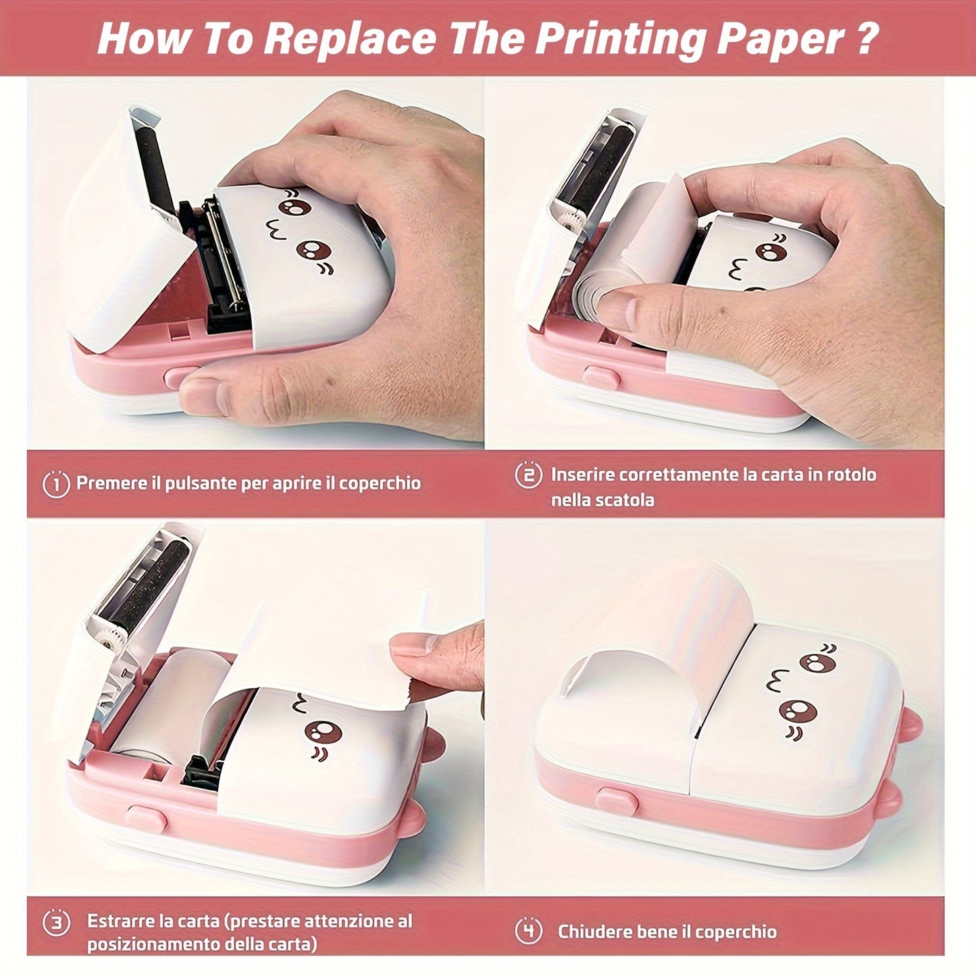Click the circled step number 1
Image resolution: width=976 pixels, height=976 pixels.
pos(56,484)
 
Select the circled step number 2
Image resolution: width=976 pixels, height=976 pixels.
pos(528,475)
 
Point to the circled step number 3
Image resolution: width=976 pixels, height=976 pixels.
pos(56,922)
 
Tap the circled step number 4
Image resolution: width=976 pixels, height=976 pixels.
pos(528,931)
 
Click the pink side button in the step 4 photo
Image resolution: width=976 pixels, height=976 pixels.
pos(617,802)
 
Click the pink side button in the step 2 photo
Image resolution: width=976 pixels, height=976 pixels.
pos(601,378)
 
